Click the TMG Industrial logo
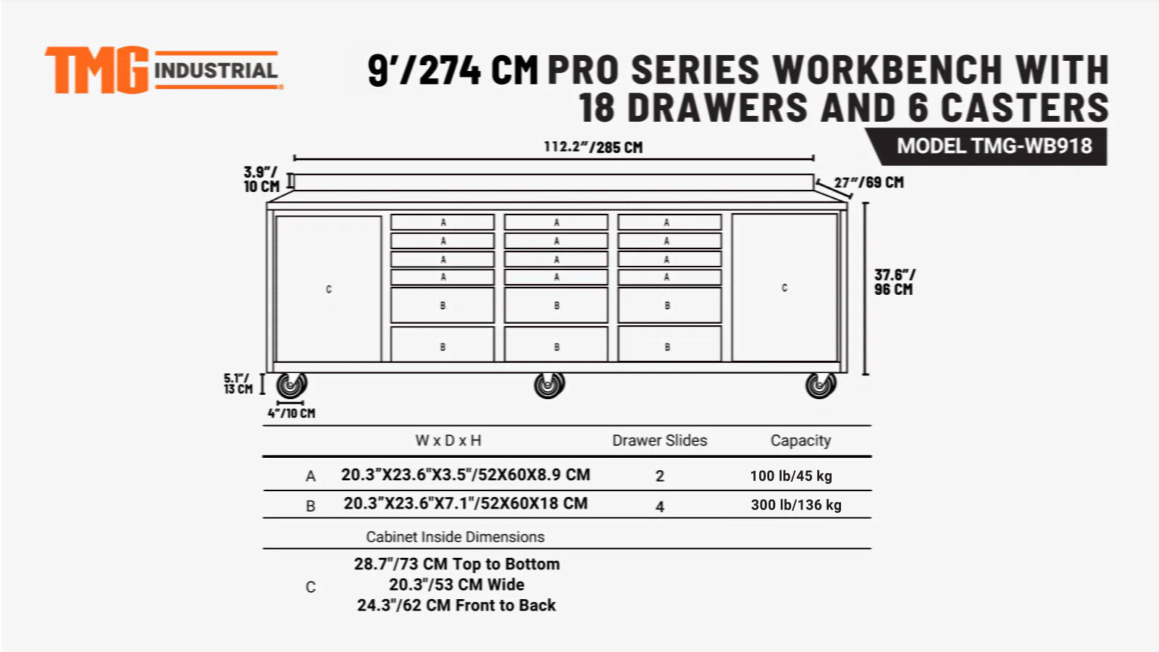[x=163, y=70]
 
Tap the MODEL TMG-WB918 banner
[x=993, y=146]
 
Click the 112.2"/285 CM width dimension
[x=593, y=147]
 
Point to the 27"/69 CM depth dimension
[x=869, y=183]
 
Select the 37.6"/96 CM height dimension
[x=894, y=282]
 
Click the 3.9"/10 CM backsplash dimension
[x=261, y=179]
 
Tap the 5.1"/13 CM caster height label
[x=238, y=383]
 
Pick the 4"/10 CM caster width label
[x=291, y=413]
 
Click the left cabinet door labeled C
[x=329, y=288]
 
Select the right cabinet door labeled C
[x=784, y=288]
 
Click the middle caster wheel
[x=549, y=385]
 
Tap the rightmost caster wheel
[x=820, y=385]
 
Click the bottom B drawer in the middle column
[x=556, y=345]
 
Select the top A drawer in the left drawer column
[x=443, y=222]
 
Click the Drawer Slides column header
[x=659, y=440]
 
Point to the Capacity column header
[x=800, y=440]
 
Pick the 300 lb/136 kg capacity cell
[x=796, y=505]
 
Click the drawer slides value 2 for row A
[x=659, y=476]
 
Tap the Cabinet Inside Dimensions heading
[x=455, y=537]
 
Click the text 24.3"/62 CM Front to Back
[x=456, y=605]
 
